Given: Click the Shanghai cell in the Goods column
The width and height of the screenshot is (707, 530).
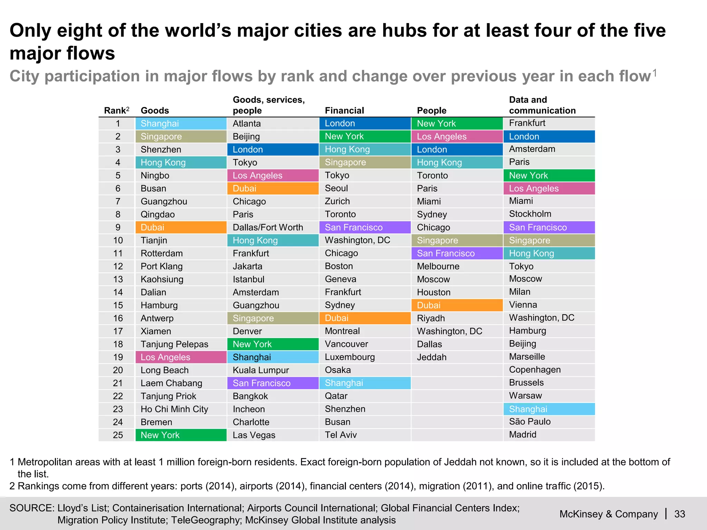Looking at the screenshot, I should [181, 124].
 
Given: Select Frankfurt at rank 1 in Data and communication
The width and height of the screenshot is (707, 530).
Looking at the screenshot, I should [527, 123].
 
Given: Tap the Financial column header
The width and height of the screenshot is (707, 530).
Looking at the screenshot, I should [344, 110].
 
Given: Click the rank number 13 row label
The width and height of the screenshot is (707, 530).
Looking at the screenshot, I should [118, 279].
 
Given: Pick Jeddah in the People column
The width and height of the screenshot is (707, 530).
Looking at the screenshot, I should [432, 357].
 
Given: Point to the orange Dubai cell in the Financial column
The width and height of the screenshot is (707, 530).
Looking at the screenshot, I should [365, 318].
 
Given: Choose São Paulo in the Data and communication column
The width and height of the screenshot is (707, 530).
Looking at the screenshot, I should [530, 422].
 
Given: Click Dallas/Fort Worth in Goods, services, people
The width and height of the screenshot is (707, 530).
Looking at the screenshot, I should [268, 227].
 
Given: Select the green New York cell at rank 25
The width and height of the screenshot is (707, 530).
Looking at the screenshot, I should [181, 435].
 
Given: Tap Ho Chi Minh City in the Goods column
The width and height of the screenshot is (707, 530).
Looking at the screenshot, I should [174, 409].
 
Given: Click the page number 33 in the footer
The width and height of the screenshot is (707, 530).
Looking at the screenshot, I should [679, 514].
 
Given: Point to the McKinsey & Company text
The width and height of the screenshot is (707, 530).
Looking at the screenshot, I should [608, 514].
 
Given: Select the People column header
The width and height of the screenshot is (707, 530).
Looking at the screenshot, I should [432, 110].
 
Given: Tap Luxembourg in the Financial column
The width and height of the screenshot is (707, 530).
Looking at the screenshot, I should [350, 357].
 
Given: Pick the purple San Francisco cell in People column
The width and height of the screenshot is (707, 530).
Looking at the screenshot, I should [457, 253].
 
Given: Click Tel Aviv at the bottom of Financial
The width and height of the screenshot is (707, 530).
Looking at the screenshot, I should [341, 435].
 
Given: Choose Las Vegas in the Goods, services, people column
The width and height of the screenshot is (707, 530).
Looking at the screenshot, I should [254, 435].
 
